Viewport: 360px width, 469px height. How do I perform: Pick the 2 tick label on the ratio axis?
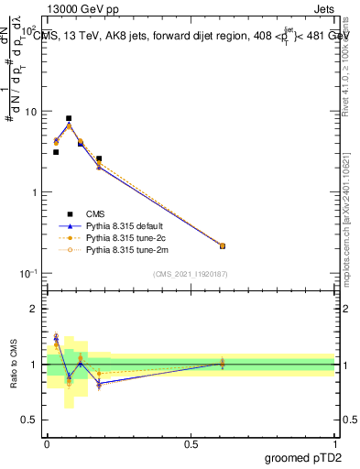click(32, 309)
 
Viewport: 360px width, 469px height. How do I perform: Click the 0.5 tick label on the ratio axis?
click(28, 420)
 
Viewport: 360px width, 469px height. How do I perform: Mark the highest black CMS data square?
click(69, 118)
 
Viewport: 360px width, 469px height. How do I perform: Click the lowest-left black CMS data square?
click(56, 152)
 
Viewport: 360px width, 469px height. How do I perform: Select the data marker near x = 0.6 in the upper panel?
click(223, 245)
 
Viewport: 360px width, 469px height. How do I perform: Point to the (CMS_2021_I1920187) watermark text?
click(191, 274)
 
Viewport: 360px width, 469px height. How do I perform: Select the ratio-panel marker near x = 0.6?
click(223, 364)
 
